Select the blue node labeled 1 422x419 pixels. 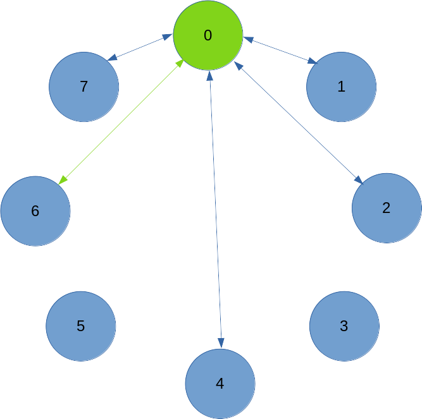pos(341,87)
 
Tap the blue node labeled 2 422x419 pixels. pos(387,208)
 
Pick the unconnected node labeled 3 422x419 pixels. pos(344,326)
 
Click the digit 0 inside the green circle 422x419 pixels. pos(208,35)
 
